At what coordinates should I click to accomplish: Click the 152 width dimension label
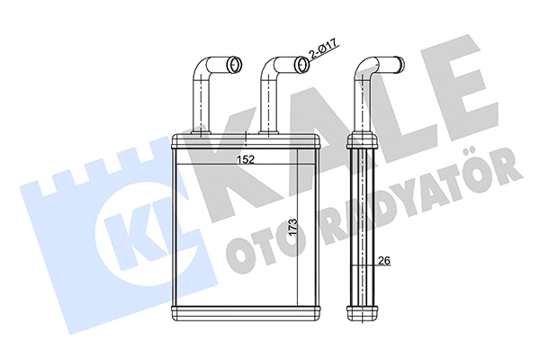tap(245, 160)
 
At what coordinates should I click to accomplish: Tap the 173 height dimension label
tap(293, 227)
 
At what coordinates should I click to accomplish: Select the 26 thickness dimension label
tap(384, 261)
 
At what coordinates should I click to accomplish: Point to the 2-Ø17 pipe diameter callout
tap(325, 49)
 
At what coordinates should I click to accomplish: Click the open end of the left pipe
tap(236, 64)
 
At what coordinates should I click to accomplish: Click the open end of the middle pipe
tap(302, 65)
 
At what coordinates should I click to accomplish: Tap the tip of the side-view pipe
tap(400, 65)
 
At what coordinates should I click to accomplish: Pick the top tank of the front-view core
tap(247, 142)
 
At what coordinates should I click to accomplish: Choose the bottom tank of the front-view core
tap(247, 313)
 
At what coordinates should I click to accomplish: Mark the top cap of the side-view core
tap(363, 142)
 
